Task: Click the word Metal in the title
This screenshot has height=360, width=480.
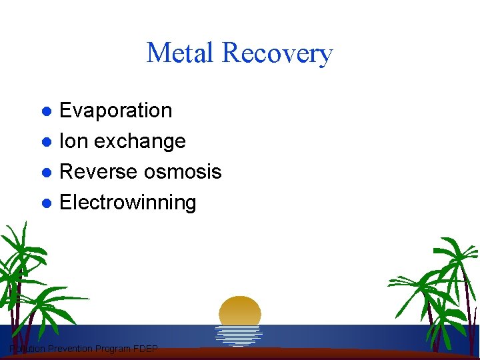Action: pyautogui.click(x=181, y=53)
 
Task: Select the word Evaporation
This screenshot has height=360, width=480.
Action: pyautogui.click(x=116, y=111)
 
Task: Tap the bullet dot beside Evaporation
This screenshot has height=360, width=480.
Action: pyautogui.click(x=47, y=111)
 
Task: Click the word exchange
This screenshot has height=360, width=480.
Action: pyautogui.click(x=140, y=141)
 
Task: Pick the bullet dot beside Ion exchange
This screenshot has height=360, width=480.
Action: pyautogui.click(x=47, y=141)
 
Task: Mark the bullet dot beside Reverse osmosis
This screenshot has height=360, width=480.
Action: pyautogui.click(x=47, y=172)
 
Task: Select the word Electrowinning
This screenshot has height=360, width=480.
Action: pyautogui.click(x=128, y=203)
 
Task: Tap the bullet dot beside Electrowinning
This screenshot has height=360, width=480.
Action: pyautogui.click(x=47, y=203)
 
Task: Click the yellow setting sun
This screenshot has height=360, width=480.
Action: pyautogui.click(x=240, y=311)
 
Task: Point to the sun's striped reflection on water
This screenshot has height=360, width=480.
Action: pyautogui.click(x=239, y=334)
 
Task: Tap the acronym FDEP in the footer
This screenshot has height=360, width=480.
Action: pyautogui.click(x=146, y=349)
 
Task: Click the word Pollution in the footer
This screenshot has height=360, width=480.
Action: pyautogui.click(x=27, y=349)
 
